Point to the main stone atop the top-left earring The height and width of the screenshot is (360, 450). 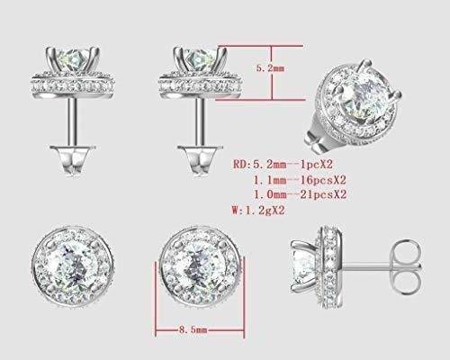70,59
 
